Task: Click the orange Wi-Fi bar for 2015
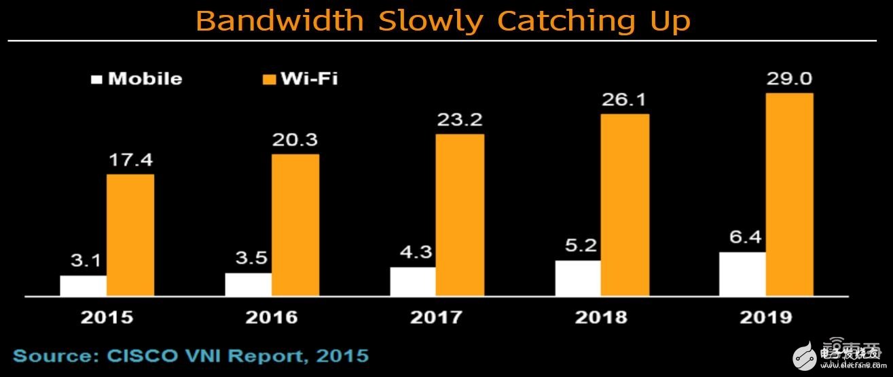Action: coord(130,235)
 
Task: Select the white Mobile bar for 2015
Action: coord(83,285)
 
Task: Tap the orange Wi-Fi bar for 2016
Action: coord(295,225)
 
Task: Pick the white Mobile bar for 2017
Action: coord(412,281)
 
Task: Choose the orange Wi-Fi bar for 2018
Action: coord(625,204)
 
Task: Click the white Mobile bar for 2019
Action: coord(743,274)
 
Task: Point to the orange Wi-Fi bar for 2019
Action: coord(789,194)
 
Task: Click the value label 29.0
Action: coord(789,79)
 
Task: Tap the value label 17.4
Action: coord(130,162)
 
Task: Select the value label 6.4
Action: coord(743,239)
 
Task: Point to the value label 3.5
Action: coord(248,260)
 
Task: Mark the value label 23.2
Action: coord(460,121)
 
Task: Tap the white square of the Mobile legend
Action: coord(97,79)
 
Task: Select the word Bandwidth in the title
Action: coord(279,20)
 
